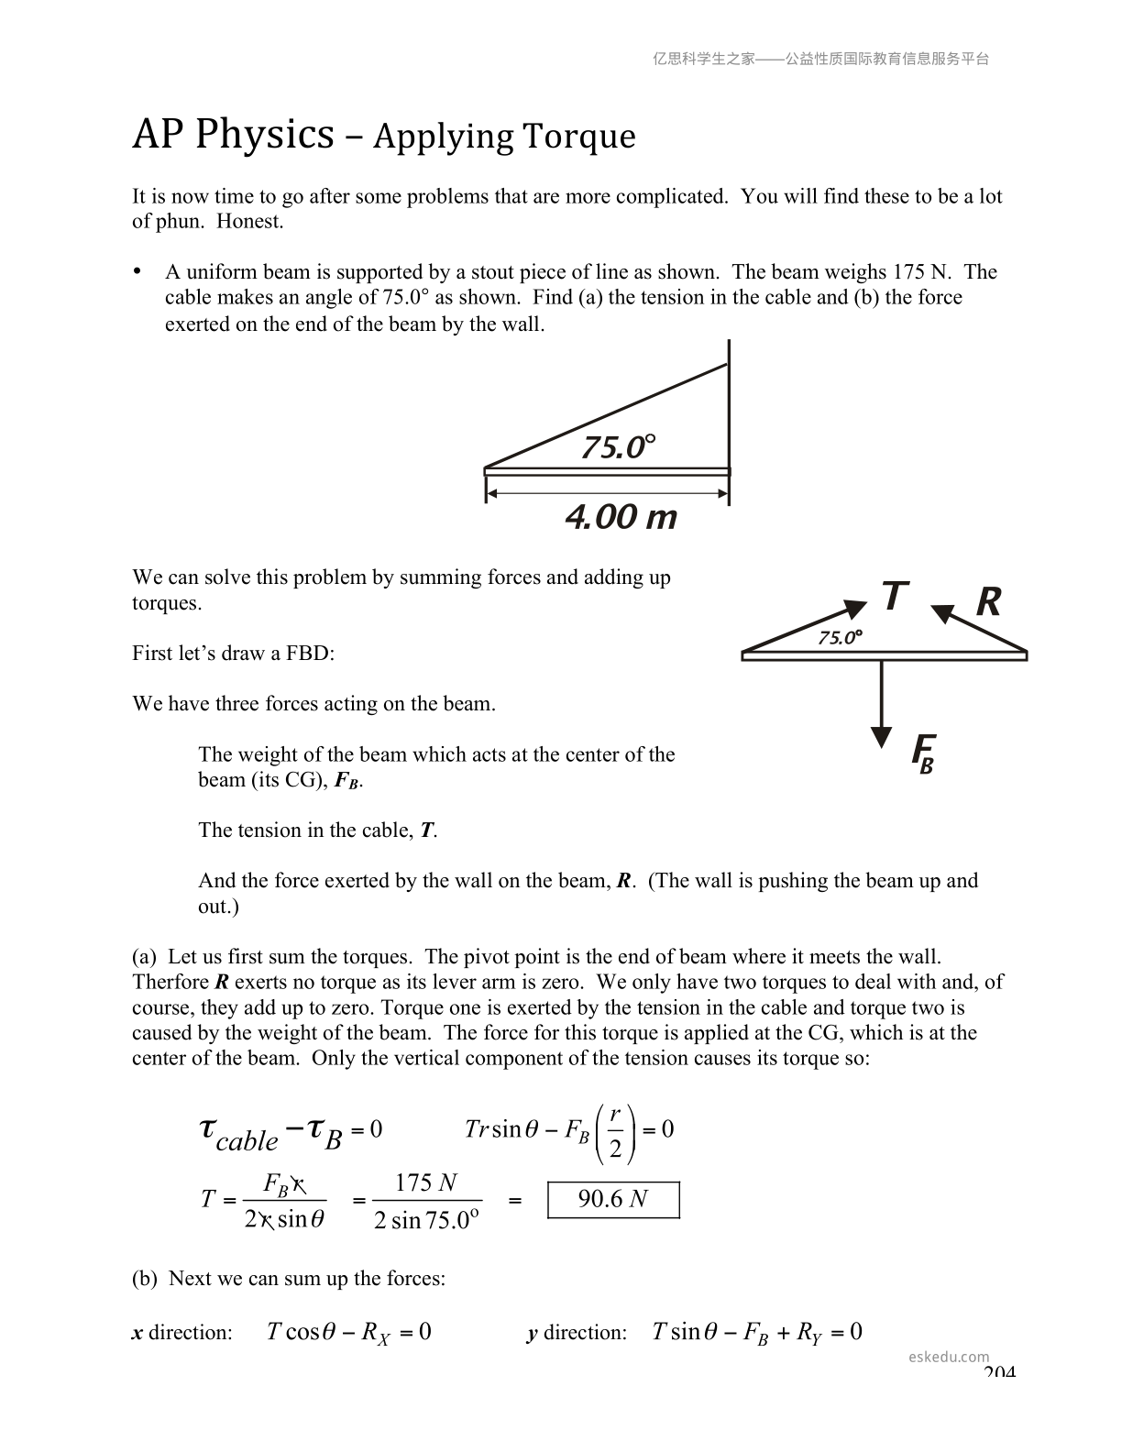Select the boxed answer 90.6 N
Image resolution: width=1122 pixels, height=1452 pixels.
(613, 1199)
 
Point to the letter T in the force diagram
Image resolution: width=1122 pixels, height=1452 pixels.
(895, 597)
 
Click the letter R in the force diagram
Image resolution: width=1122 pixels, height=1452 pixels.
(988, 602)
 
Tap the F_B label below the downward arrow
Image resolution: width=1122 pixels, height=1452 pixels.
(923, 753)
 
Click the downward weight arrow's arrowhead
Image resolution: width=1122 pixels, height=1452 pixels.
(881, 738)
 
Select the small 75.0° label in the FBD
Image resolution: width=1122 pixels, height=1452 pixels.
(840, 637)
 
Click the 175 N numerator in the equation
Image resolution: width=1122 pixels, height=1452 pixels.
(425, 1183)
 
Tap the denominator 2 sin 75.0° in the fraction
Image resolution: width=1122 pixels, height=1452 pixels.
(426, 1220)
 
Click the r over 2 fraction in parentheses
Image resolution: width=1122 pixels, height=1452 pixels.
(615, 1131)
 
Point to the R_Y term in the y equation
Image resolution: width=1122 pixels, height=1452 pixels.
(808, 1333)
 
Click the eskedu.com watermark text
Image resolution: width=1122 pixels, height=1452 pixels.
(949, 1357)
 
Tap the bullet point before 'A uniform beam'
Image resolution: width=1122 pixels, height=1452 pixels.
(137, 271)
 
